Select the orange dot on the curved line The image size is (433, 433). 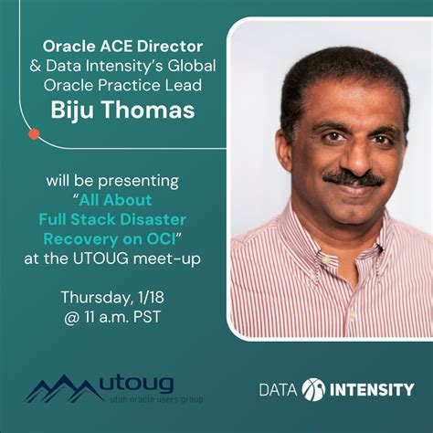point(35,133)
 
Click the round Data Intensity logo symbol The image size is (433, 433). point(313,389)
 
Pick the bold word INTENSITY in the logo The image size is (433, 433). point(372,389)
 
